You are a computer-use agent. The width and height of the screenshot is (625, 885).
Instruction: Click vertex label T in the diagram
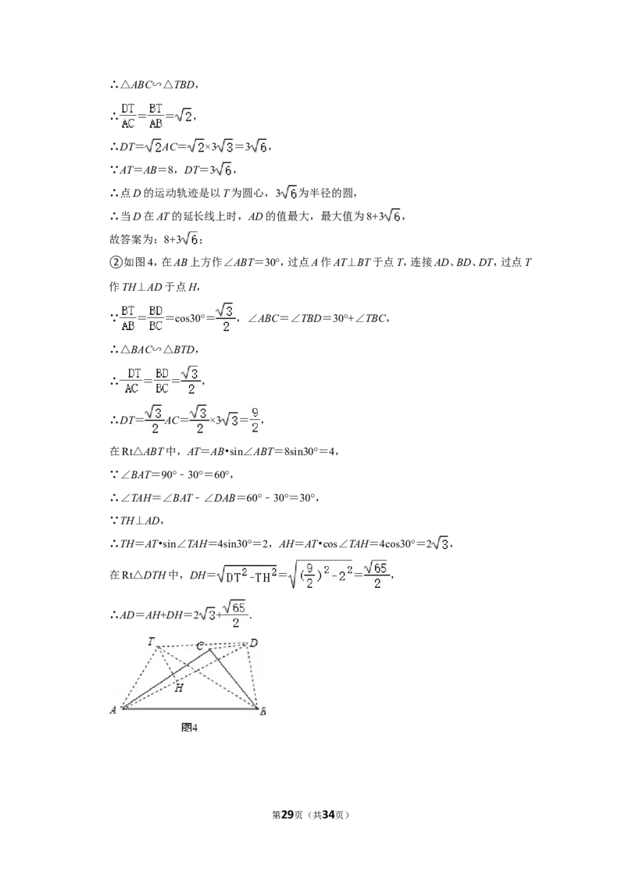click(152, 641)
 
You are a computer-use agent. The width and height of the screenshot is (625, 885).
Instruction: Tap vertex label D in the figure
click(254, 643)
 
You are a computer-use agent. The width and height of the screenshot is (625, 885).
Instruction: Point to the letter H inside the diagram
click(179, 688)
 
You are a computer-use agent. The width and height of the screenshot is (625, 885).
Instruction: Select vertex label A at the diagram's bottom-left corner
click(112, 710)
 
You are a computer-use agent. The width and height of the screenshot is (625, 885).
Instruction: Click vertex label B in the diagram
click(262, 712)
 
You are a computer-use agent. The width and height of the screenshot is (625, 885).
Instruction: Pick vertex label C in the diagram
click(200, 646)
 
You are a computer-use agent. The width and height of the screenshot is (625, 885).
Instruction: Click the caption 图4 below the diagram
click(190, 728)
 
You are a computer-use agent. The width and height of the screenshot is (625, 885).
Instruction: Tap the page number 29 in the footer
click(287, 815)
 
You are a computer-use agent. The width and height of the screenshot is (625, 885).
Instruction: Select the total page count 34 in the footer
click(328, 815)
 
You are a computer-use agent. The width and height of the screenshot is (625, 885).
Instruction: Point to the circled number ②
click(115, 263)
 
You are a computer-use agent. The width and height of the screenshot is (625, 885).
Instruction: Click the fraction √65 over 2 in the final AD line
click(236, 614)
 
